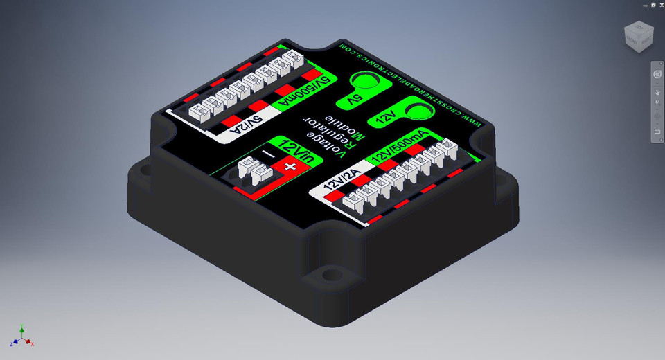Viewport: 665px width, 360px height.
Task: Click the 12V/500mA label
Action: (x=400, y=146)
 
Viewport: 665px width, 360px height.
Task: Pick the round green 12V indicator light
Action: (x=416, y=111)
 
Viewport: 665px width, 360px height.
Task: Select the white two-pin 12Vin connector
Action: (x=253, y=169)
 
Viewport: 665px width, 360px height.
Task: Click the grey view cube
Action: (x=638, y=36)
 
